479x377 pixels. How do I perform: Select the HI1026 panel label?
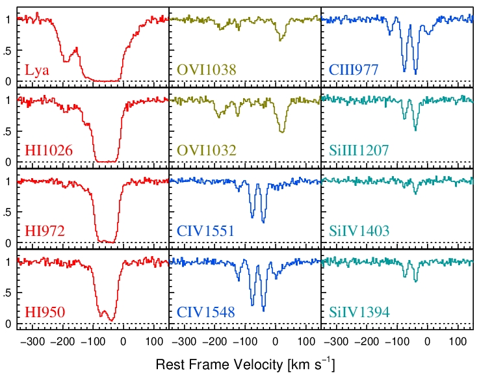click(49, 151)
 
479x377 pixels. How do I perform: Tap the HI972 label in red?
click(45, 231)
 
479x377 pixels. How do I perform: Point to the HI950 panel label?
click(45, 313)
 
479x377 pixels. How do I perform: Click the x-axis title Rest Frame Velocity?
click(245, 365)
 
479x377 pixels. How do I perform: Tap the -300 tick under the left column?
click(32, 341)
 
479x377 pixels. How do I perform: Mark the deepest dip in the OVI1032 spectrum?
click(282, 132)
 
